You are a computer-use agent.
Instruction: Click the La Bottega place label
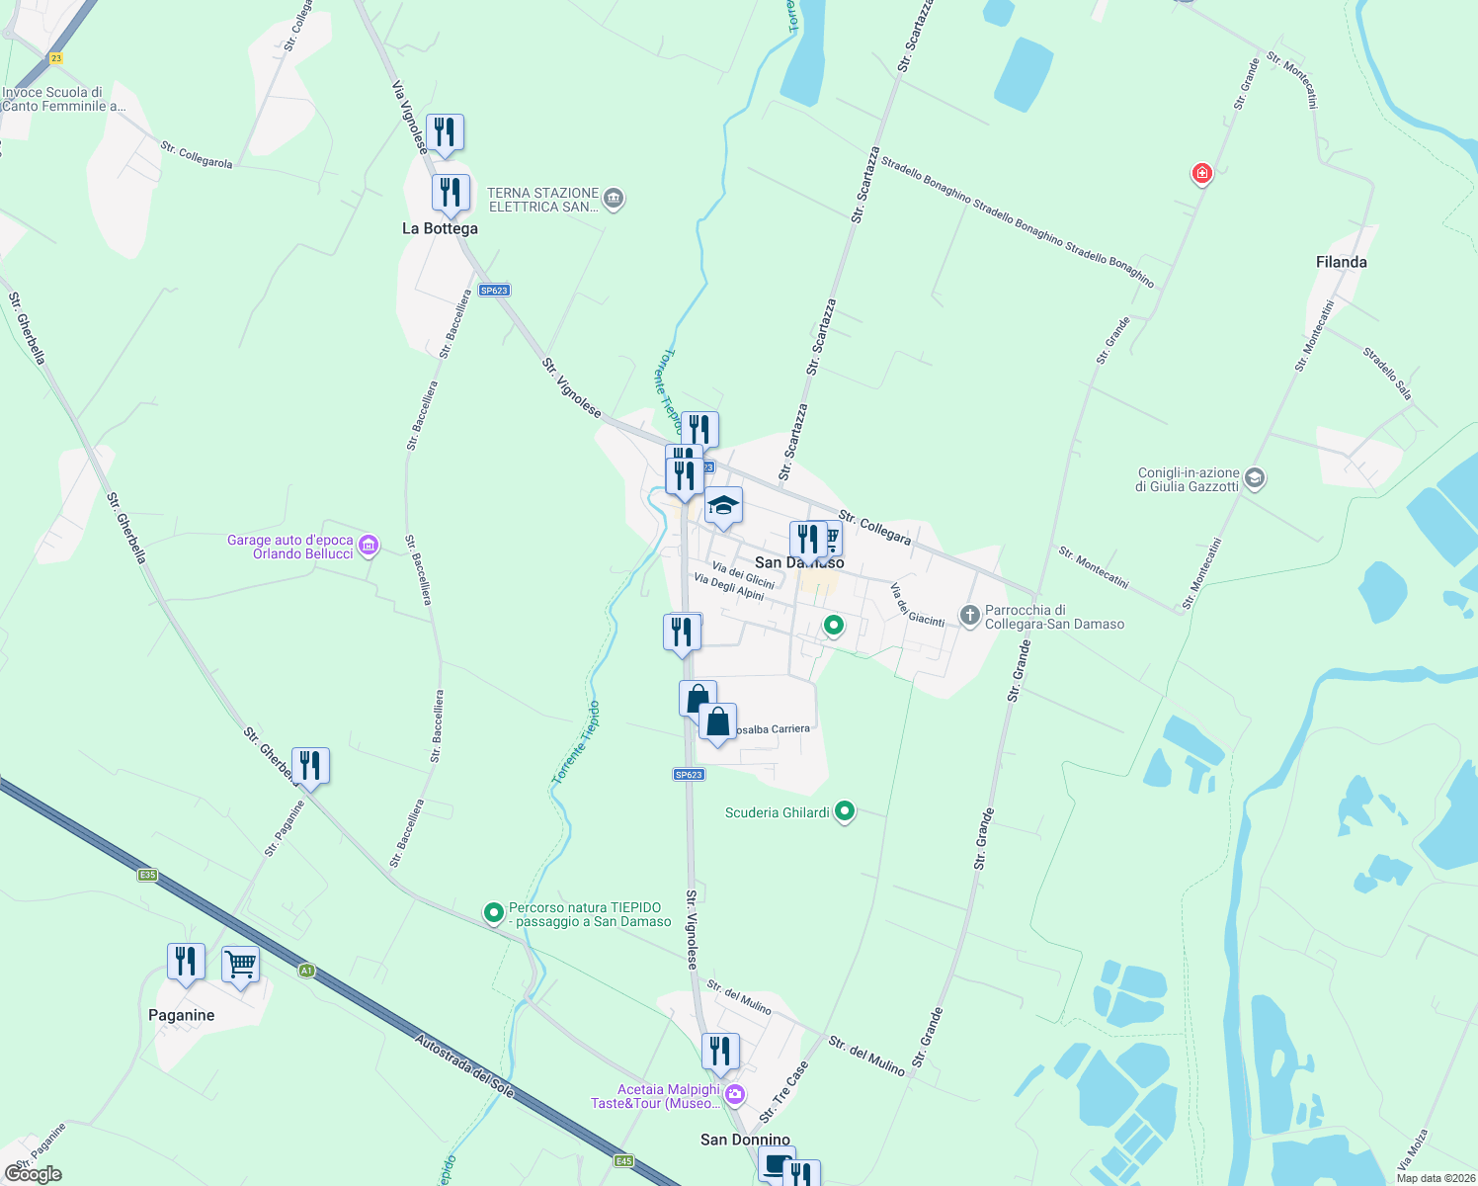[440, 228]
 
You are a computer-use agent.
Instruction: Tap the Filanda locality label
[1341, 262]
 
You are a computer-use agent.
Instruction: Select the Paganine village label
[181, 1015]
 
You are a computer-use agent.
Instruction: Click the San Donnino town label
[745, 1140]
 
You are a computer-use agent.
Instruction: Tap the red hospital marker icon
[1201, 174]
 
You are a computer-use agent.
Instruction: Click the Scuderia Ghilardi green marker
[844, 811]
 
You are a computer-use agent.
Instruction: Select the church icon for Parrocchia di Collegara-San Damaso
[969, 616]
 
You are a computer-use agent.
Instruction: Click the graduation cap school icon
[723, 506]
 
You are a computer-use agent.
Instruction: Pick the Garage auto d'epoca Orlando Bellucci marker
[369, 545]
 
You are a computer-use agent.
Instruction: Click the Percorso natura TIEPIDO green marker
[493, 913]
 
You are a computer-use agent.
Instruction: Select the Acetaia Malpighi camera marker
[734, 1094]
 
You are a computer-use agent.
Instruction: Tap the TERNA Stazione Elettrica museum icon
[614, 199]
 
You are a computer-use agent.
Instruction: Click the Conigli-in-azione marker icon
[1255, 478]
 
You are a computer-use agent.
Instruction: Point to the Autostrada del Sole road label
[464, 1065]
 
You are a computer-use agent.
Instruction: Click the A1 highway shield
[306, 971]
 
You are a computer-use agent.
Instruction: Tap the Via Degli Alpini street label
[729, 586]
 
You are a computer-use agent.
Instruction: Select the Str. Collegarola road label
[197, 155]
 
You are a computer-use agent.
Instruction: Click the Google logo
[34, 1174]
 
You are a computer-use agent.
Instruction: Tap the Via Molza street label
[1413, 1149]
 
